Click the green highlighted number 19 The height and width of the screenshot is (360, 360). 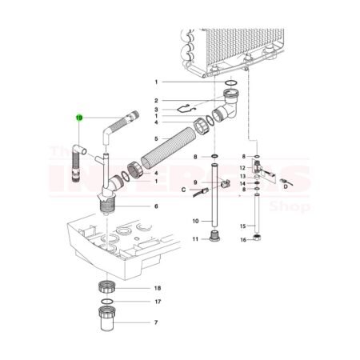[79, 118]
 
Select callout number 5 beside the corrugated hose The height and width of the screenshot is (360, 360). [157, 138]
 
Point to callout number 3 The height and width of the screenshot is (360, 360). [157, 109]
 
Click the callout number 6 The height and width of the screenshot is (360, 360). [157, 206]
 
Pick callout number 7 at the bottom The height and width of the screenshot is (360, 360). [157, 322]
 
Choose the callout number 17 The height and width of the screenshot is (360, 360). [158, 302]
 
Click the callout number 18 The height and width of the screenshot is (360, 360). [158, 287]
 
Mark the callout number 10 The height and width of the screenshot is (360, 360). [195, 220]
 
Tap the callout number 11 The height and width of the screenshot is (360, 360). [195, 239]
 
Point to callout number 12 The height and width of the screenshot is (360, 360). [243, 168]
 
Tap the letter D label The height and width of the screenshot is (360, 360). [284, 190]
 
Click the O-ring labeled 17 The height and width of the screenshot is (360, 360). [106, 302]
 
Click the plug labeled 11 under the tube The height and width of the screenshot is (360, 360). [214, 238]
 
